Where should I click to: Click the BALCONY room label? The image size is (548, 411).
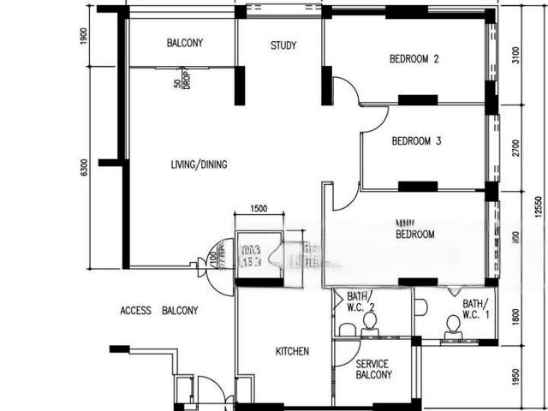(x=184, y=43)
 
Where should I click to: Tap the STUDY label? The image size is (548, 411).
(x=283, y=45)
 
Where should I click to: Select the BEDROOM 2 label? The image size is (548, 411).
(x=414, y=59)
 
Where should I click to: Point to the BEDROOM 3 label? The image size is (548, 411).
(x=415, y=141)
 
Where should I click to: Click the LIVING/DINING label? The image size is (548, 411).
(x=199, y=164)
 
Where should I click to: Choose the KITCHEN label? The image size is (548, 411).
(x=292, y=351)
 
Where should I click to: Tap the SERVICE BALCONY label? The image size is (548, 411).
(x=374, y=369)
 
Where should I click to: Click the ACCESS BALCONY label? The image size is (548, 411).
(x=159, y=310)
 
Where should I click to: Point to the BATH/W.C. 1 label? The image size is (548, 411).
(x=476, y=309)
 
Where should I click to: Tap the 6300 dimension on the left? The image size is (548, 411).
(x=84, y=168)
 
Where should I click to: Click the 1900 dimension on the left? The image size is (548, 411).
(x=84, y=36)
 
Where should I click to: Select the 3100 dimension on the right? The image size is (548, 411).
(x=515, y=56)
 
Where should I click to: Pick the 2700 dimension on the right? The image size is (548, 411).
(x=515, y=147)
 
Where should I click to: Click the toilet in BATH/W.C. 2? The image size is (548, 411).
(x=370, y=323)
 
